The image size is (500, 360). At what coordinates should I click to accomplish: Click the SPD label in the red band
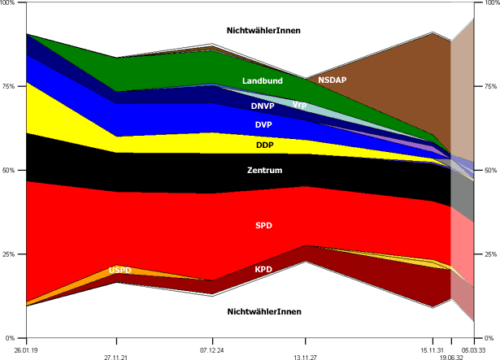point(263,224)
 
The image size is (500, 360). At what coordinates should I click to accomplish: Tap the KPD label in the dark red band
point(263,269)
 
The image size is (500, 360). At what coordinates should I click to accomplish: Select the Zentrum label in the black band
point(264,171)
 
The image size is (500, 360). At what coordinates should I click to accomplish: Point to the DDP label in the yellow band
point(264,145)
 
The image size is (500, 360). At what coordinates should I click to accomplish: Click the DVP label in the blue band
point(263,125)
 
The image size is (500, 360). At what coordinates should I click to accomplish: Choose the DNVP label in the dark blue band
point(263,106)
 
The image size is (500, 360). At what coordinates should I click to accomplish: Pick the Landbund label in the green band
point(262,81)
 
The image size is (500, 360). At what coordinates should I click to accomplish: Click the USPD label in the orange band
point(120,270)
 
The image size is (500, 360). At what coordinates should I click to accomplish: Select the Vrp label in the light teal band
point(299,105)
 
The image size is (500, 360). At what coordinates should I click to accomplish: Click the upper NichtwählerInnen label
point(263,31)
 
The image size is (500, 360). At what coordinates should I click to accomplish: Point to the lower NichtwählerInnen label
point(263,311)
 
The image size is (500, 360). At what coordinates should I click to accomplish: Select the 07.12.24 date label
point(212,347)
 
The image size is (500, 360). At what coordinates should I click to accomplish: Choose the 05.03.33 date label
point(473,347)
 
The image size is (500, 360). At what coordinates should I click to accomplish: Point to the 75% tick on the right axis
point(491,87)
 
